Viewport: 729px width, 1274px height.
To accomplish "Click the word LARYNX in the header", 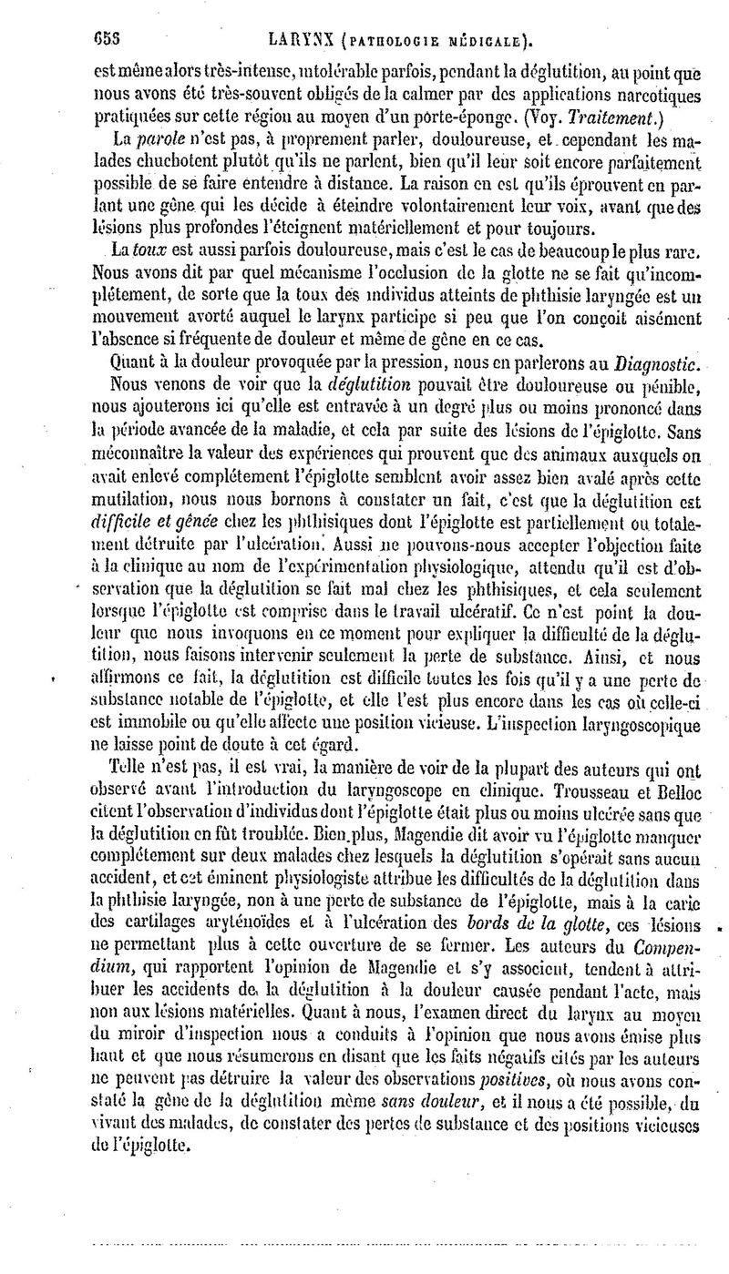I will click(x=293, y=40).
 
